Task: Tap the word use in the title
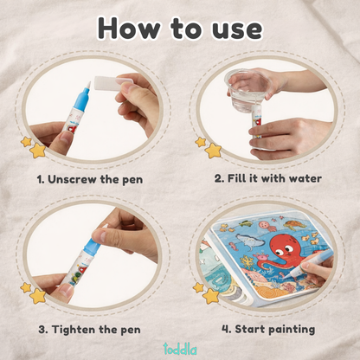pyautogui.click(x=230, y=28)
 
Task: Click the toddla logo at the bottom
pyautogui.click(x=180, y=348)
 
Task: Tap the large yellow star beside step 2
pyautogui.click(x=213, y=151)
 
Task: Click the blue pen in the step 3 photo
pyautogui.click(x=82, y=255)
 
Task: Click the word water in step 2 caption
pyautogui.click(x=302, y=178)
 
